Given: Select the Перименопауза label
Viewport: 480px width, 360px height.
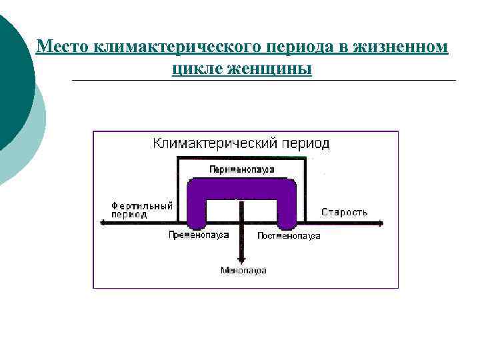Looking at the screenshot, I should click(x=241, y=169).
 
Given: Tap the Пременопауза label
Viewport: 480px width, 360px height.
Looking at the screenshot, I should click(x=199, y=235).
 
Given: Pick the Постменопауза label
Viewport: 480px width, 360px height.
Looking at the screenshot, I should click(x=289, y=236).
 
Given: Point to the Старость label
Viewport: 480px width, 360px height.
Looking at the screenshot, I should click(x=344, y=212).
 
